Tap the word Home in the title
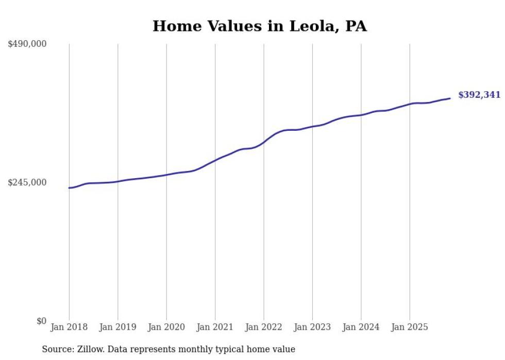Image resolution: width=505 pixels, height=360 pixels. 174,26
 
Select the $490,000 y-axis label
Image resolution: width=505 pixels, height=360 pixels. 27,44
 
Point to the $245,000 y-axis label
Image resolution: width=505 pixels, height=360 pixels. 27,182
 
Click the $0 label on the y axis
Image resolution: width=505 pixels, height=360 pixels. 41,321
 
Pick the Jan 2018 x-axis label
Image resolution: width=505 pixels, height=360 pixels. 69,327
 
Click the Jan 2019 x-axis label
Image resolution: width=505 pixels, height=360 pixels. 117,327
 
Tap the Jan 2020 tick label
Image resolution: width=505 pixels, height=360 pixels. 166,327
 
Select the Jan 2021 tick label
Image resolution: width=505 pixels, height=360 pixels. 215,327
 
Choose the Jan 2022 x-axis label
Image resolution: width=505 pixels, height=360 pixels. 264,327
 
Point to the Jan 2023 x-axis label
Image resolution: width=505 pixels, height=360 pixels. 312,327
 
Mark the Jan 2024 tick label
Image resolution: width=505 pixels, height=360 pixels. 361,327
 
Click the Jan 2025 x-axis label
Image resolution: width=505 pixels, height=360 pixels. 410,327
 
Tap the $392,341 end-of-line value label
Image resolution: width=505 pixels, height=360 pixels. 479,95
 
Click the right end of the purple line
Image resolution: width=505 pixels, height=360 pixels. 450,98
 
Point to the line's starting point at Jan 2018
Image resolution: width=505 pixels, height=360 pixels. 69,188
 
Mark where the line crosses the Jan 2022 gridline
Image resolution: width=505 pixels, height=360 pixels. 264,141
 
